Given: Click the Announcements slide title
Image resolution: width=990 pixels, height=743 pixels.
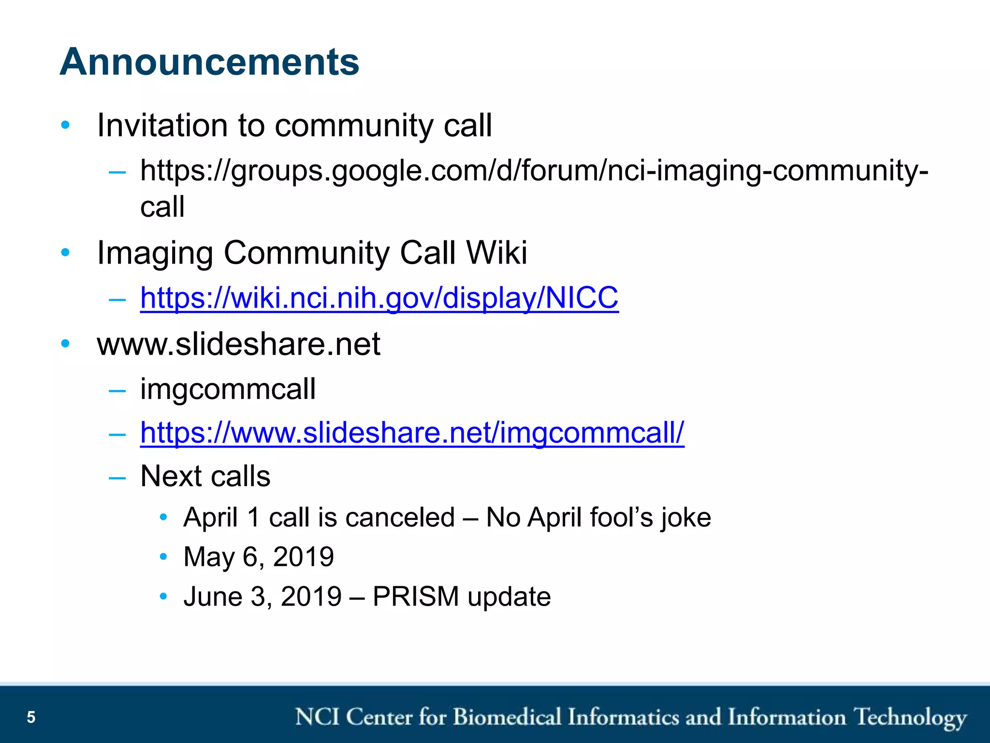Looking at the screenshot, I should point(209,62).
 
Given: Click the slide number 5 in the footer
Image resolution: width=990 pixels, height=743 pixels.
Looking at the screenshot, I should point(31,717).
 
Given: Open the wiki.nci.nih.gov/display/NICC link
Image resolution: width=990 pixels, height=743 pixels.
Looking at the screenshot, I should point(379,297).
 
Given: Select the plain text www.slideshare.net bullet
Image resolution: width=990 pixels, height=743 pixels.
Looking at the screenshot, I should point(238,344).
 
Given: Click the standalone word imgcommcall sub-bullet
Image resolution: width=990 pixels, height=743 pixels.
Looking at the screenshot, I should point(228,389).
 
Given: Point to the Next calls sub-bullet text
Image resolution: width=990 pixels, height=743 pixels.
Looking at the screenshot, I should point(205,476).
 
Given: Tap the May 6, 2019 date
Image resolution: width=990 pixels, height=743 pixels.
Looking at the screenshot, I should point(259,557).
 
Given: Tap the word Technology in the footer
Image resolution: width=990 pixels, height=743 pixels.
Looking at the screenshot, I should point(910,717).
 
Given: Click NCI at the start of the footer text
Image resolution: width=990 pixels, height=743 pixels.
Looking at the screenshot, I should point(317,717).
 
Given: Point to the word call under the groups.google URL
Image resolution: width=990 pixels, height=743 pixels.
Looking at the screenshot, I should point(162,207).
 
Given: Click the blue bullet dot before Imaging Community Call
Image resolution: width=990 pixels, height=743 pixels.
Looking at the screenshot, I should point(65,253).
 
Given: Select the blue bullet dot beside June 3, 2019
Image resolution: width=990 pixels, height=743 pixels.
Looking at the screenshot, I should point(163,596).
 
